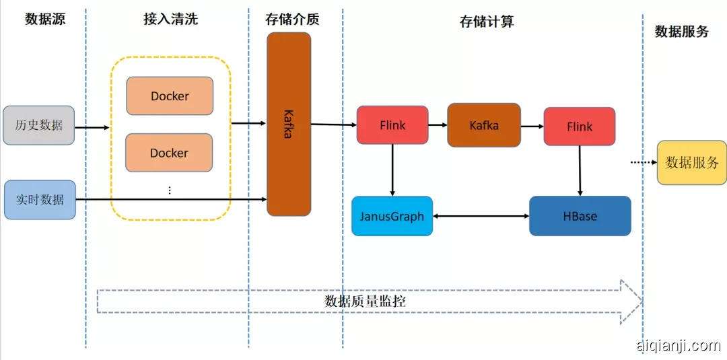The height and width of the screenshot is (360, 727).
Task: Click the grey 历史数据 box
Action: point(39,125)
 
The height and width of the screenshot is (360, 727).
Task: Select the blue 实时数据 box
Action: point(40,199)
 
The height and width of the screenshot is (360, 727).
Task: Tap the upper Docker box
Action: point(170,96)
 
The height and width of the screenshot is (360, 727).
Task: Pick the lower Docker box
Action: point(169,153)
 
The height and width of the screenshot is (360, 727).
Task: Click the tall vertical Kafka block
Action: point(289,124)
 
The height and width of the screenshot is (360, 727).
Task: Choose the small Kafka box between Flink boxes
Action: point(484,125)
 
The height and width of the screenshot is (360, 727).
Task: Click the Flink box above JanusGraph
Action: point(392,125)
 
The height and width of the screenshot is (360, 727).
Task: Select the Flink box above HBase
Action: point(580,127)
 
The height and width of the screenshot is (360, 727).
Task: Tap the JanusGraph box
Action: point(392,216)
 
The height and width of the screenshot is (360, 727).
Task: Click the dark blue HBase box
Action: point(580,216)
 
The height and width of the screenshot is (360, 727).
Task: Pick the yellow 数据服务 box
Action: point(692,162)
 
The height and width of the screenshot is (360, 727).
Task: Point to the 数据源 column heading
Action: point(46,19)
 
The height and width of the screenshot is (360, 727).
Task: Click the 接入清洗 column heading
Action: point(171,19)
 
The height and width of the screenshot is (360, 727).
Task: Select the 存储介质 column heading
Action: point(292,19)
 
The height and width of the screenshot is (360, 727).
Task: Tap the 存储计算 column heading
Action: point(487,22)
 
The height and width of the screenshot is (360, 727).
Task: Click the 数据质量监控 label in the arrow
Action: point(365,301)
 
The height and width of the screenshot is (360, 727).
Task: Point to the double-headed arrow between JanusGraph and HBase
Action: point(481,216)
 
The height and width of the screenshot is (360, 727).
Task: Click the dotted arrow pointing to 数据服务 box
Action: point(642,162)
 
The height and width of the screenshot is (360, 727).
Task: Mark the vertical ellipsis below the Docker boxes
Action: point(170,190)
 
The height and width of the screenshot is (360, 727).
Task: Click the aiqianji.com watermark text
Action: point(678,346)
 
